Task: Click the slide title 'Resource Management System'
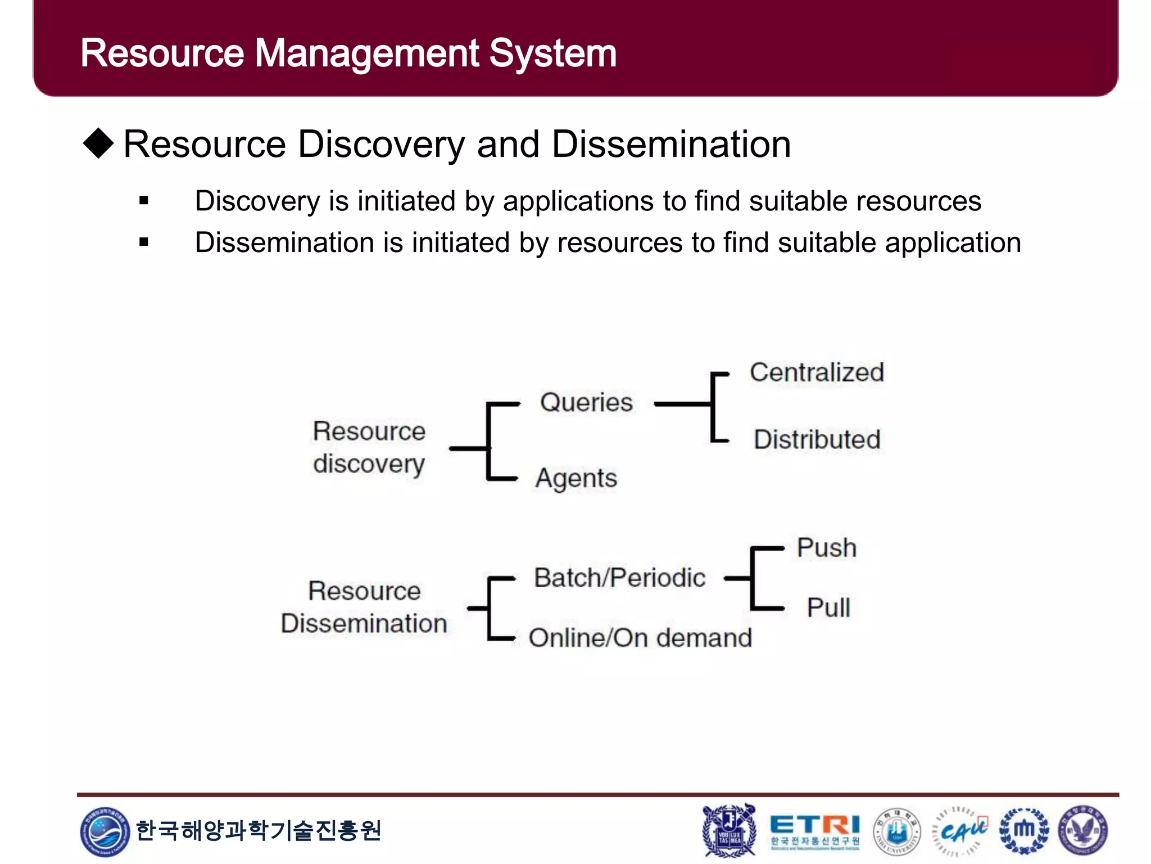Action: click(x=348, y=53)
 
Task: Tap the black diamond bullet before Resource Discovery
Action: click(x=99, y=143)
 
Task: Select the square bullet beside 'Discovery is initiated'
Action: click(x=144, y=201)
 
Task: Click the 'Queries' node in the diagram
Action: click(x=586, y=403)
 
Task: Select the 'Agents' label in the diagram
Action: click(x=576, y=479)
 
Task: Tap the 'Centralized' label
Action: click(x=817, y=372)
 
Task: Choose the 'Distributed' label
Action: click(x=817, y=439)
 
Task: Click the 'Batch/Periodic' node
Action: click(x=619, y=578)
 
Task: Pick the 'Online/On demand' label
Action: click(x=640, y=638)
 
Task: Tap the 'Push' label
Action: click(x=827, y=548)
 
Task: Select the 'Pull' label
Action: click(x=828, y=607)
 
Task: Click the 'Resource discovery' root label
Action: click(x=369, y=448)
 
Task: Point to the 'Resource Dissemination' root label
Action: click(x=364, y=607)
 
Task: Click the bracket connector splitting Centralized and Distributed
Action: click(x=713, y=406)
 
